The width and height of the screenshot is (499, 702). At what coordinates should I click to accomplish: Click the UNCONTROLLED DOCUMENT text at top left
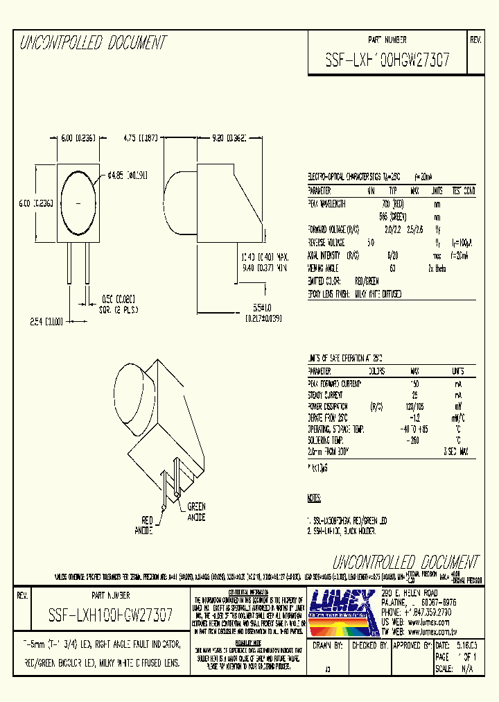[x=93, y=43]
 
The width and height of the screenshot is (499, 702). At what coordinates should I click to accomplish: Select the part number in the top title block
[x=387, y=60]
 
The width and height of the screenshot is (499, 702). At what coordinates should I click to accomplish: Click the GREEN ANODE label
[x=196, y=511]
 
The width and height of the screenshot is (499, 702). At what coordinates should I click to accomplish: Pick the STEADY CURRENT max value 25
[x=414, y=395]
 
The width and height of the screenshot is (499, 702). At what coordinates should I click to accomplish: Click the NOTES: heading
[x=314, y=498]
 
